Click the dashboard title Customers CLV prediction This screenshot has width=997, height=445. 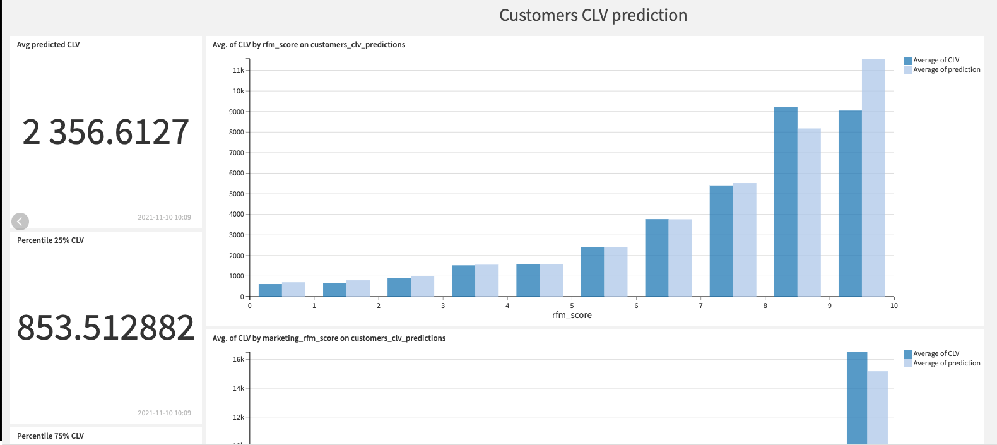tap(593, 15)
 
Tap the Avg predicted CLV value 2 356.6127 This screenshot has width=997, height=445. tap(106, 133)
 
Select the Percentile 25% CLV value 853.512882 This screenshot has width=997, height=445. tap(106, 328)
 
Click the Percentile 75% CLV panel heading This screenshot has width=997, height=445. tap(50, 436)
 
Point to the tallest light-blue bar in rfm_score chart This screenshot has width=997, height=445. tap(873, 177)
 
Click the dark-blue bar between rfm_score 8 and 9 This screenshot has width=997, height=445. tap(786, 202)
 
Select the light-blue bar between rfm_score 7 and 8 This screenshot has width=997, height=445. tap(745, 240)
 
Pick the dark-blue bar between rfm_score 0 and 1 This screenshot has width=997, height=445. tap(270, 290)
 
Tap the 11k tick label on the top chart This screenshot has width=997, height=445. tap(238, 71)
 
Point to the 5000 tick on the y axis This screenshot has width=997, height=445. tap(237, 194)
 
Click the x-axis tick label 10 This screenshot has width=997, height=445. tap(894, 306)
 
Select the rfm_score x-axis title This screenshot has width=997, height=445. tap(572, 315)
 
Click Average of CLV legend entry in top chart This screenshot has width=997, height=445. tap(936, 61)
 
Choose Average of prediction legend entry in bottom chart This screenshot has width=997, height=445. tap(947, 364)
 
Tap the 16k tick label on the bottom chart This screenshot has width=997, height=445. tap(238, 359)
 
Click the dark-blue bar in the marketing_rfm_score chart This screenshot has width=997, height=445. tap(857, 398)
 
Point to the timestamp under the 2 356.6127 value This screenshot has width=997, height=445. tap(164, 217)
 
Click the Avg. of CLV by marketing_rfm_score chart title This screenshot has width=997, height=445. tap(329, 338)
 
